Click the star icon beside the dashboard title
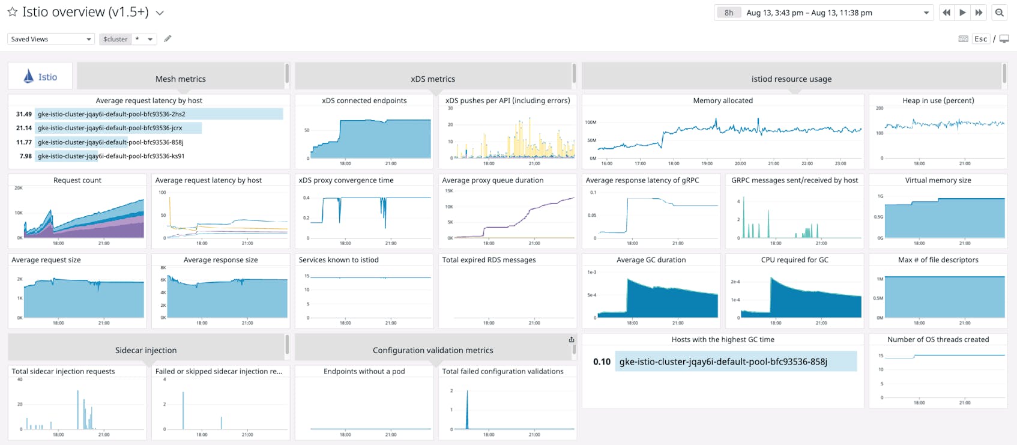point(12,12)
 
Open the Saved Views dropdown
point(50,39)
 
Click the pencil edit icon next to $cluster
point(167,39)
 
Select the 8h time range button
point(729,13)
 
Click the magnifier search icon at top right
point(1000,13)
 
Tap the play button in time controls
point(962,13)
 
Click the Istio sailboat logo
point(28,76)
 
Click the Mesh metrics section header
point(180,79)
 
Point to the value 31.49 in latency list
point(24,114)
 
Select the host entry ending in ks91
point(111,156)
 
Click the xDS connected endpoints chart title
point(364,100)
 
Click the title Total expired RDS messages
point(489,260)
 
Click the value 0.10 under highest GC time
point(602,362)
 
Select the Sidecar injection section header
point(146,350)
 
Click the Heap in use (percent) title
point(938,100)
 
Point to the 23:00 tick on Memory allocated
point(840,163)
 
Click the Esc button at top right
point(980,39)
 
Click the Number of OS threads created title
point(938,339)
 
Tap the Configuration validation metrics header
point(433,350)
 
